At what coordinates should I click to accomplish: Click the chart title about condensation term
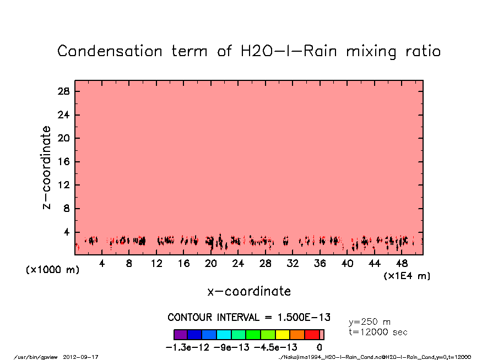[x=249, y=51]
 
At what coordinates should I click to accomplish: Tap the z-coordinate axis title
[x=47, y=167]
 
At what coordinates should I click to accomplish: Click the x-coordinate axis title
[x=249, y=291]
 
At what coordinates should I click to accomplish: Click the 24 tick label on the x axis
[x=238, y=264]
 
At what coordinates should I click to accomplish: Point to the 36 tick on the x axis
[x=320, y=264]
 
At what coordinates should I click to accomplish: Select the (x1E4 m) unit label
[x=407, y=275]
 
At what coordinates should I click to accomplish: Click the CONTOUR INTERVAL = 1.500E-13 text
[x=249, y=318]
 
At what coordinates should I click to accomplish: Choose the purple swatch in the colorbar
[x=181, y=334]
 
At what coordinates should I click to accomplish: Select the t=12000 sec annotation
[x=378, y=332]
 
